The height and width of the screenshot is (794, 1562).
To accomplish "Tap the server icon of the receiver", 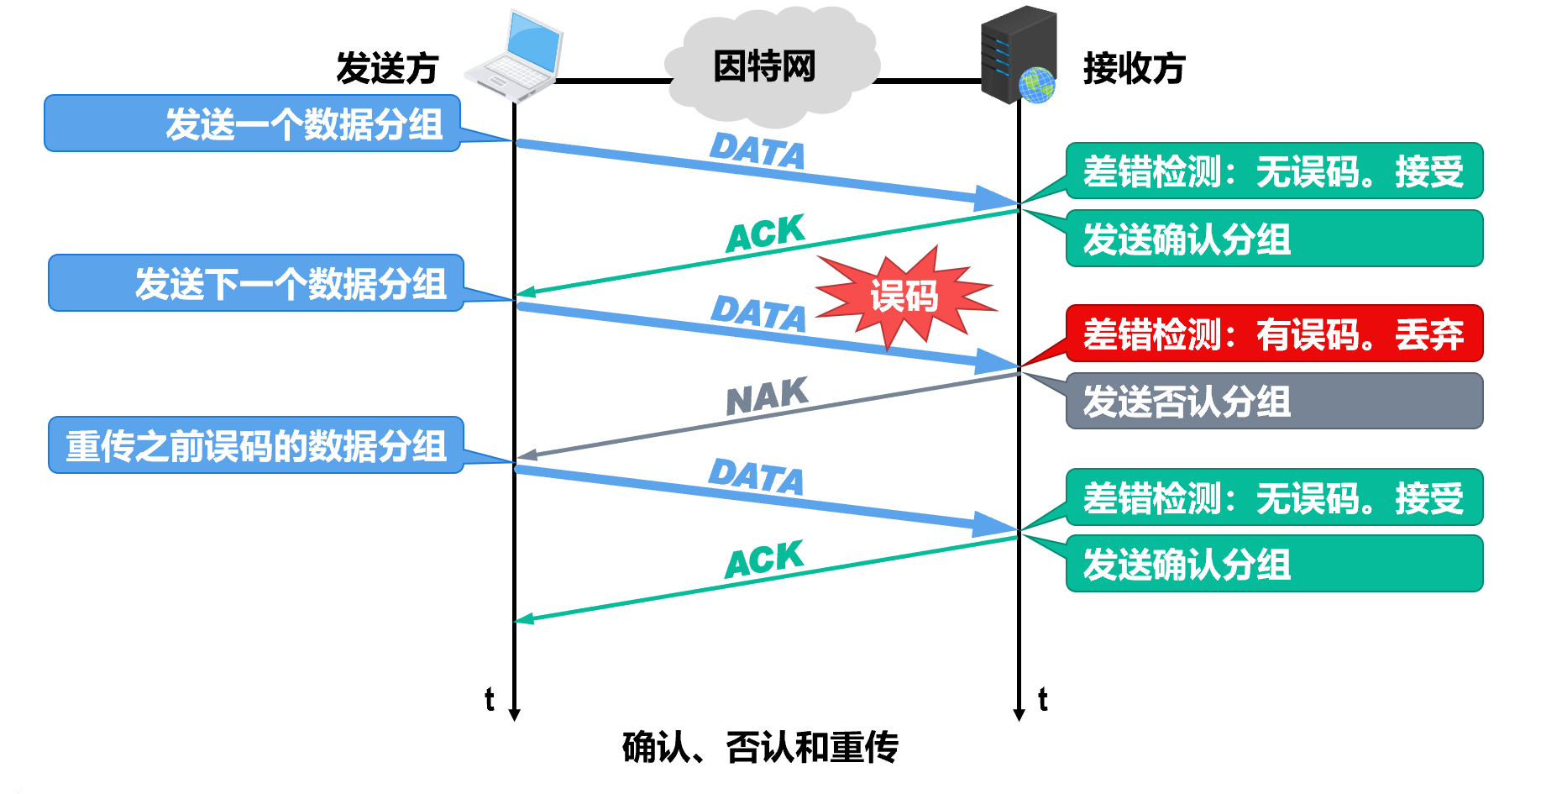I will pyautogui.click(x=1017, y=54).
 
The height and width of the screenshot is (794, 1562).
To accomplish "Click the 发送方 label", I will pyautogui.click(x=387, y=68).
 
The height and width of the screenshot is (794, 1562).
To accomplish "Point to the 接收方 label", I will pyautogui.click(x=1134, y=68).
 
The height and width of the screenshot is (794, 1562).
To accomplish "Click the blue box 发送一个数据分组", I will pyautogui.click(x=252, y=124).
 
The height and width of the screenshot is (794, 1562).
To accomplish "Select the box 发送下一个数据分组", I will pyautogui.click(x=256, y=283).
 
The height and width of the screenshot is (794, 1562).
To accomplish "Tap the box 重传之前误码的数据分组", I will pyautogui.click(x=256, y=445).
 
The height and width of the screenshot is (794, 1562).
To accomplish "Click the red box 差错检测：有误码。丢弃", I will pyautogui.click(x=1274, y=334).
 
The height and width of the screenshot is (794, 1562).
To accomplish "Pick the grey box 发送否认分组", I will pyautogui.click(x=1274, y=401).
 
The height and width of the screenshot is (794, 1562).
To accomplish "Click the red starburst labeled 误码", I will pyautogui.click(x=905, y=297).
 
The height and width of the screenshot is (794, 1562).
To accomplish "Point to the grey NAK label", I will pyautogui.click(x=767, y=397).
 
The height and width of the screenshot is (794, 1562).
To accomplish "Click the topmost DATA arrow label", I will pyautogui.click(x=757, y=151).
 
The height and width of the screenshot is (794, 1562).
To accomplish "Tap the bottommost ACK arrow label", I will pyautogui.click(x=765, y=560).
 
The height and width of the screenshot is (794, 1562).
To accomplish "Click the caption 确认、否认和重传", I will pyautogui.click(x=760, y=747).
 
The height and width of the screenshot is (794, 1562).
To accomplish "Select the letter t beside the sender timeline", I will pyautogui.click(x=490, y=699).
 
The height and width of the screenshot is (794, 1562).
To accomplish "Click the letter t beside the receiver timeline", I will pyautogui.click(x=1043, y=699).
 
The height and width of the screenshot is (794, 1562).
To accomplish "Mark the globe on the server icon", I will pyautogui.click(x=1037, y=85).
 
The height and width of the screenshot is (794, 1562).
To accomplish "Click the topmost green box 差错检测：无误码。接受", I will pyautogui.click(x=1274, y=171).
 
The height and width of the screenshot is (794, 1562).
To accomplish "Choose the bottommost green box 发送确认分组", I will pyautogui.click(x=1274, y=564).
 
